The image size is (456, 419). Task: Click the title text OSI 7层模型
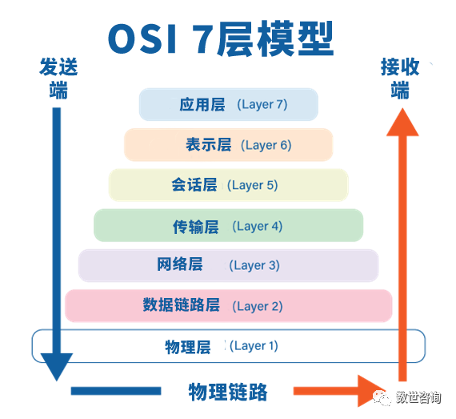221,38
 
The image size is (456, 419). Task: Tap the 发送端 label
58,79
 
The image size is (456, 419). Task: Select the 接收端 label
400,79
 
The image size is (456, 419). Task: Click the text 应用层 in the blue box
202,104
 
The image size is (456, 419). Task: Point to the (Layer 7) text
262,104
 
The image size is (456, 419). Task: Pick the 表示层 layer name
209,145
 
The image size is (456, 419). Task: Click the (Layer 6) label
266,145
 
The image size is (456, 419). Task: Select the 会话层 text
194,185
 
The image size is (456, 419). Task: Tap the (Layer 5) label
253,185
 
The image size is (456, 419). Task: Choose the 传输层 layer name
196,227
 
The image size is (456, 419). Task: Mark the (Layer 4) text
258,226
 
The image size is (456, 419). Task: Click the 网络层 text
180,264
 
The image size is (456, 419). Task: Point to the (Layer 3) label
254,265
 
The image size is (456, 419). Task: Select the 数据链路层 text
181,305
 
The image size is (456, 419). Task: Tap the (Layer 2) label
258,306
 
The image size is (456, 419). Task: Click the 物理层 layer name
188,347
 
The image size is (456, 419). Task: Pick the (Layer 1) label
254,346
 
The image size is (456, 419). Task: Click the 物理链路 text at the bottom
228,392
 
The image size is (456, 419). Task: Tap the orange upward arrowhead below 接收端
402,123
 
